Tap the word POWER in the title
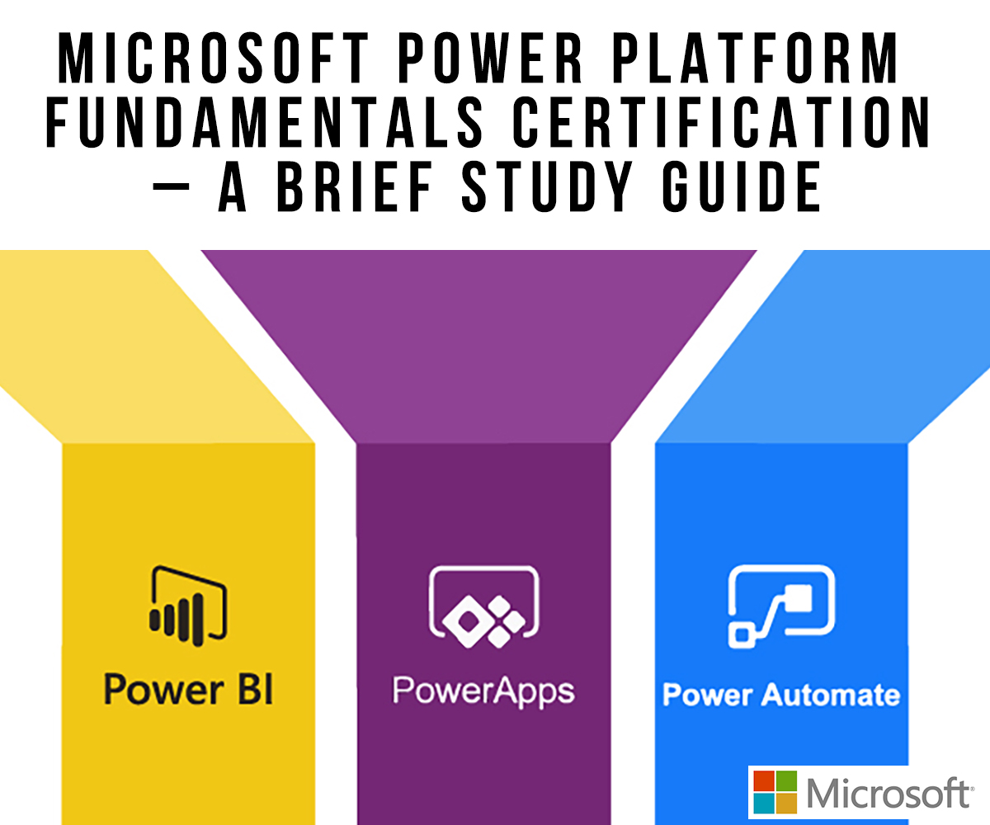pos(490,58)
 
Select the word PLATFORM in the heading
pos(756,58)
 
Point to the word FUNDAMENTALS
pos(264,122)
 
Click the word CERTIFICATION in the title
pos(722,122)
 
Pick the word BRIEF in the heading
pos(354,186)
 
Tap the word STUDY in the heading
pos(547,186)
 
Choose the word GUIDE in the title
pos(742,186)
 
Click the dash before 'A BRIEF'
pos(171,186)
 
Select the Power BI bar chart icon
pos(188,606)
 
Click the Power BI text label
pos(188,689)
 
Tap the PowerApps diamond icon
pos(483,607)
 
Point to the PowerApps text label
pos(483,692)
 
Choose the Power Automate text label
pos(781,695)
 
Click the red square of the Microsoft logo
pos(764,781)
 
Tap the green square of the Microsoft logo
pos(786,781)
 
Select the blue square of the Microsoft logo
pos(764,804)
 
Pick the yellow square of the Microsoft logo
pos(786,804)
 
